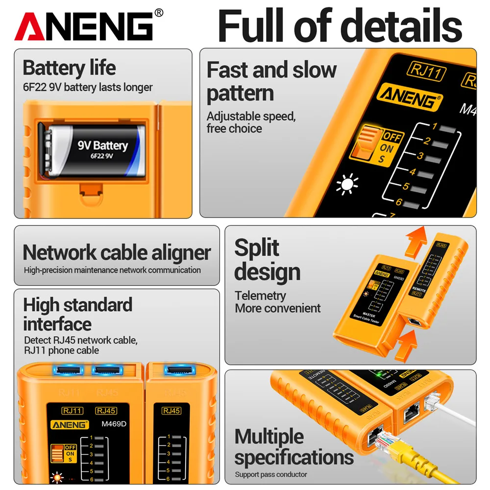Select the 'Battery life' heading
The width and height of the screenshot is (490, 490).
(69, 68)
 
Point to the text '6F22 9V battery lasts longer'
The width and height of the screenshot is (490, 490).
(88, 87)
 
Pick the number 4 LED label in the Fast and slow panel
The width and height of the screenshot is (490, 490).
(412, 172)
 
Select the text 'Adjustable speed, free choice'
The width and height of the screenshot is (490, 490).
(251, 122)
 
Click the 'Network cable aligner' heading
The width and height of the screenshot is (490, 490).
(117, 252)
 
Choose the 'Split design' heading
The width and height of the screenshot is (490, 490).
(267, 260)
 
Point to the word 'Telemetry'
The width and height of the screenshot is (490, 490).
(260, 295)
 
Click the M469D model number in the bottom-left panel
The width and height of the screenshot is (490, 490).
(113, 424)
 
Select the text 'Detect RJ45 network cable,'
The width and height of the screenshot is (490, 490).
(81, 340)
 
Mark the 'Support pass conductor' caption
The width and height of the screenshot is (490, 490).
(270, 474)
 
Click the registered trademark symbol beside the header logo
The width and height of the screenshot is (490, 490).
(159, 13)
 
